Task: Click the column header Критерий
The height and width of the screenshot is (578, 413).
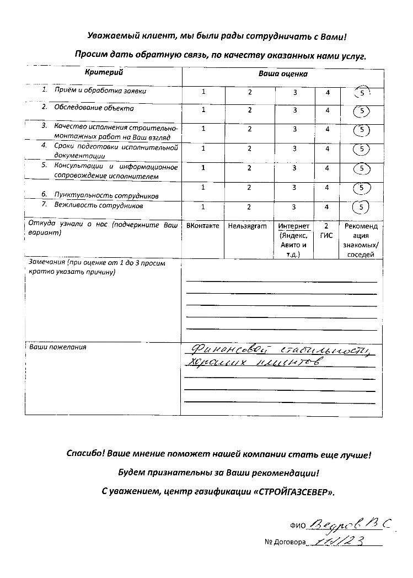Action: tap(103, 72)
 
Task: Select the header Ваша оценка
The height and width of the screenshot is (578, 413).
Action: tap(283, 73)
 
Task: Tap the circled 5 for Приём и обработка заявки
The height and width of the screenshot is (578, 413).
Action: tap(362, 93)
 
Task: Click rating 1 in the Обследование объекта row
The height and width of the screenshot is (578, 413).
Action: tap(203, 110)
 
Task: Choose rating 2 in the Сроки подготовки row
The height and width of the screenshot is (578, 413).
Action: tap(249, 149)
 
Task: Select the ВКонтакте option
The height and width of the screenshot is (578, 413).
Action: tap(203, 226)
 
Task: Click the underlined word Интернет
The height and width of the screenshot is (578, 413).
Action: tap(294, 226)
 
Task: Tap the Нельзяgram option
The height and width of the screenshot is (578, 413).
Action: tap(247, 226)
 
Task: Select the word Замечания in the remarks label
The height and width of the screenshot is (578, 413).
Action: tap(44, 263)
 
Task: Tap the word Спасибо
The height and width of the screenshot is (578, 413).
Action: tap(85, 455)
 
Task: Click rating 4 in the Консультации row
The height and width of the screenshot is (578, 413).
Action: tap(328, 168)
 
